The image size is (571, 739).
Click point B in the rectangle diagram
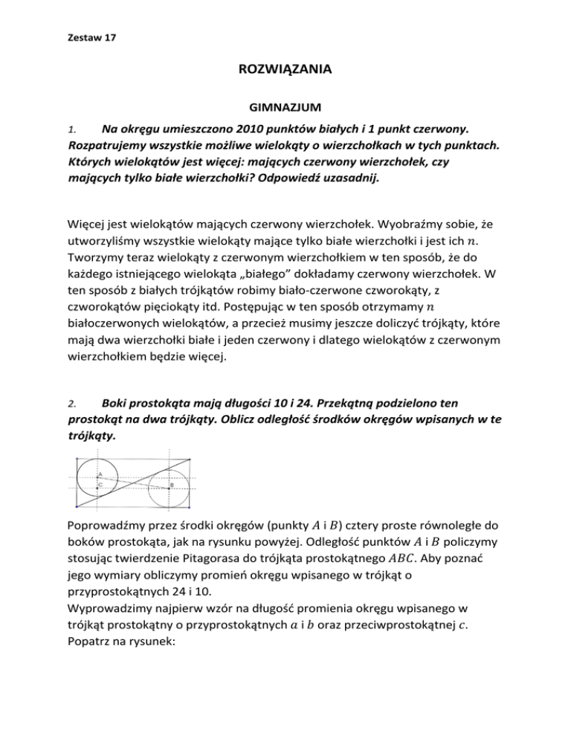click(170, 488)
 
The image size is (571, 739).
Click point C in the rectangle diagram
click(97, 488)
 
